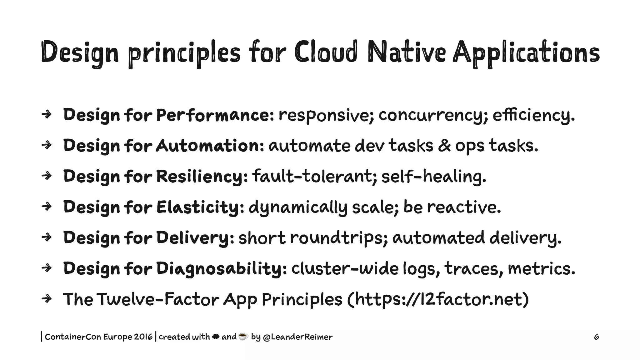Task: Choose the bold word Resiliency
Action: coord(202,176)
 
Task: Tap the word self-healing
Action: coord(433,176)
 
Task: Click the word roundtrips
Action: coord(339,237)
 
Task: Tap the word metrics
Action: coord(541,268)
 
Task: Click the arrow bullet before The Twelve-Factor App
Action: coord(46,299)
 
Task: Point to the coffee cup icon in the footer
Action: coord(243,337)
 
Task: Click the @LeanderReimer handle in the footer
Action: coord(298,337)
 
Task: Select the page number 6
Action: coord(596,337)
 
